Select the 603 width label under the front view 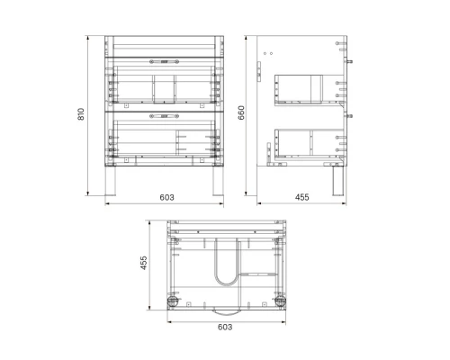pos(166,197)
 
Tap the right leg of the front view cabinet pos(216,182)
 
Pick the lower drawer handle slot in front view pos(166,116)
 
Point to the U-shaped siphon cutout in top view pos(225,265)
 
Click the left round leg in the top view pos(172,301)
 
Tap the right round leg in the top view pos(279,301)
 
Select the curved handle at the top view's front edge pos(225,310)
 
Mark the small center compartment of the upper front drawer pos(163,87)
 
